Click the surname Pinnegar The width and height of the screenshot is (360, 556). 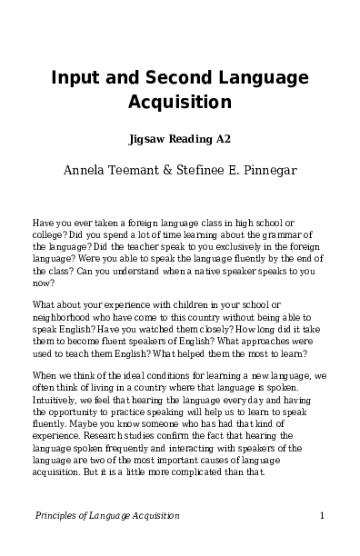[x=286, y=170]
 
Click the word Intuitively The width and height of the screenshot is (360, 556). [x=57, y=399]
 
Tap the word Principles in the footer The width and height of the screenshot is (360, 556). [x=55, y=516]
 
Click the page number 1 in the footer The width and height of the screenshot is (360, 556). [x=323, y=516]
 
